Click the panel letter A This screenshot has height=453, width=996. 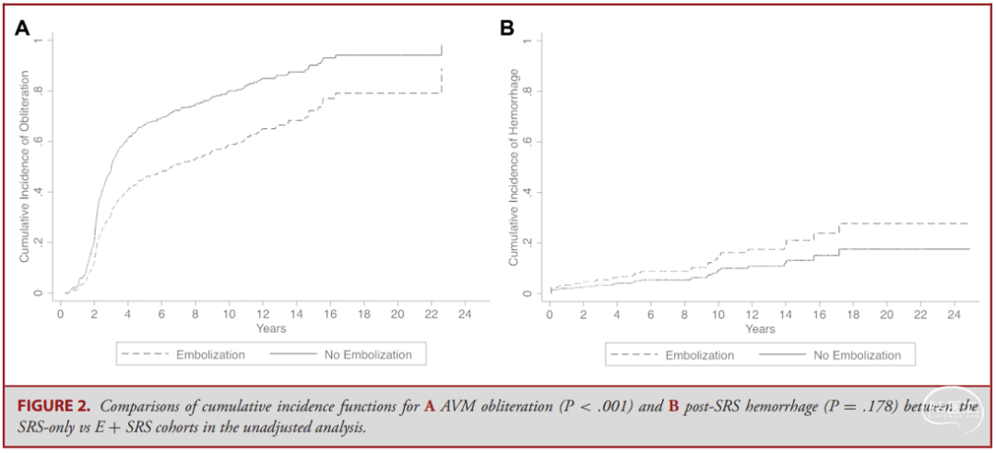22,28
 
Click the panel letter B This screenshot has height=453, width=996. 507,28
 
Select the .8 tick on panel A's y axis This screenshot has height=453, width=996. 38,91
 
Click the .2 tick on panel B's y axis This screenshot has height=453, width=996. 527,243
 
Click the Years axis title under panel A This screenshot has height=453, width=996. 271,328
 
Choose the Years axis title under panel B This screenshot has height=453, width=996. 760,329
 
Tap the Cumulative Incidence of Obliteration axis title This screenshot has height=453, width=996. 25,166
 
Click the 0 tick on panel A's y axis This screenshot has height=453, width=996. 38,293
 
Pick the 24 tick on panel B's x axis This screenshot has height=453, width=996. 954,315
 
